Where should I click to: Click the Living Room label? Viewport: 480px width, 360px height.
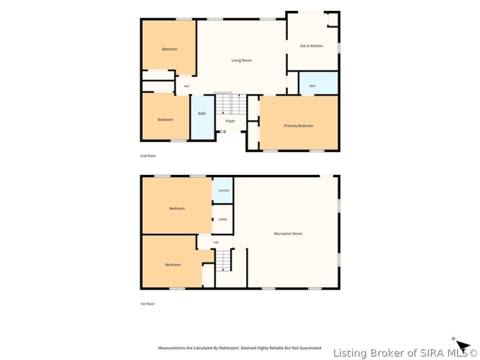coord(242,60)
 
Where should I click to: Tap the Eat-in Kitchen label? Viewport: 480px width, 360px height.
coord(312,46)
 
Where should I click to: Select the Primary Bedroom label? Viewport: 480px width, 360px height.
coord(299,126)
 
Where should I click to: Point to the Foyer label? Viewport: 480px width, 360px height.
coord(230,122)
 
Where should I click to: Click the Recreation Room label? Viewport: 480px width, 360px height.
coord(288,233)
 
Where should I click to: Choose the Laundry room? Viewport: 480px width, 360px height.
coord(223,190)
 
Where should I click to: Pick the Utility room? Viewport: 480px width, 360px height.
coord(223,220)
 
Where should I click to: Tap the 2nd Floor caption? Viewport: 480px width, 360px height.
coord(148,156)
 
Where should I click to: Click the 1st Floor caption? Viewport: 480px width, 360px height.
coord(148,304)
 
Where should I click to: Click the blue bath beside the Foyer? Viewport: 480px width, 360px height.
coord(202,117)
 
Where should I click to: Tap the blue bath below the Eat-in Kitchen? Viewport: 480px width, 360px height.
coord(318,83)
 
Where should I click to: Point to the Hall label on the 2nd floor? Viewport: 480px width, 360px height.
coord(186,86)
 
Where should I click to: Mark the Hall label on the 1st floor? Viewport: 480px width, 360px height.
coord(216,243)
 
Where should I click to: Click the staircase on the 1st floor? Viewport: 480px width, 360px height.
coord(223,261)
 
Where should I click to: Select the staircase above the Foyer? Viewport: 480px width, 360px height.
coord(231,104)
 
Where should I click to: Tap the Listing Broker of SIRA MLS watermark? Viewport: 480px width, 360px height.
coord(404,353)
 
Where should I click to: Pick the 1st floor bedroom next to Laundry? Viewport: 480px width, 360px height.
coord(177,206)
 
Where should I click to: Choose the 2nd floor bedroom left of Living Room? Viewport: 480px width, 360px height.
coord(169,48)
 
